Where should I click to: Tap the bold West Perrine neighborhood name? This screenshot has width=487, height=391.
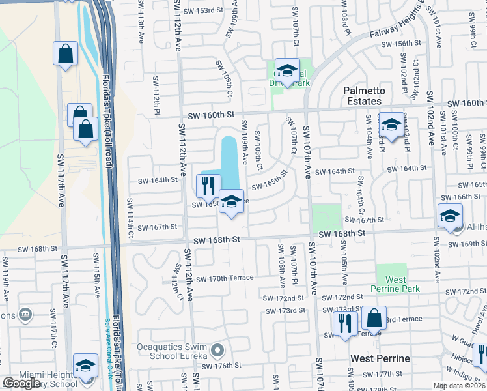(380, 358)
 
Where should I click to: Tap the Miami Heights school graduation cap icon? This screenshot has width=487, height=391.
(85, 366)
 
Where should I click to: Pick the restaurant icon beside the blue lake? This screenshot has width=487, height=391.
(208, 186)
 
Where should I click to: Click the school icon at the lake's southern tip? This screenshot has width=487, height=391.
(230, 201)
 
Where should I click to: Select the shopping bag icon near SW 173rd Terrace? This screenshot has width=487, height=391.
(374, 318)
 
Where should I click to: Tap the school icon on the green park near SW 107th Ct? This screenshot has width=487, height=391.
(286, 70)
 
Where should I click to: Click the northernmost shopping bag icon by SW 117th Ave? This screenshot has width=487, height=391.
(65, 54)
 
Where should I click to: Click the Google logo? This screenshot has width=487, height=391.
(21, 383)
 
